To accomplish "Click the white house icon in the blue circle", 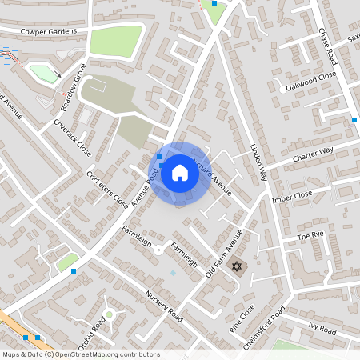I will pos(180,173).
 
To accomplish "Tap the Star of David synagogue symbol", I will pos(236,266).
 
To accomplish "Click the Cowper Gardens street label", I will pos(50,31).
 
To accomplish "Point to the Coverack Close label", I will pos(72,138).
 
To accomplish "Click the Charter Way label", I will pos(314,151).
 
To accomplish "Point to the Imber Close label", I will pos(291,196).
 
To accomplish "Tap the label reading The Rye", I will pos(309,237).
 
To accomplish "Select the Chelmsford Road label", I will pos(263,329).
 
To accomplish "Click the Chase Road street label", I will pos(327,49).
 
